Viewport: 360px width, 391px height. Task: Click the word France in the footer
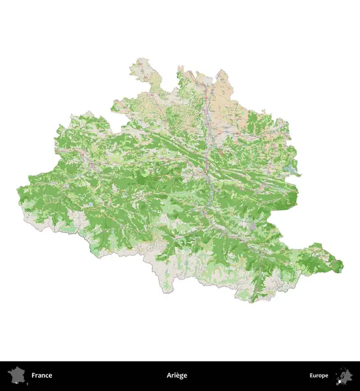click(42, 375)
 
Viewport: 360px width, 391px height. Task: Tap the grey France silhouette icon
click(16, 376)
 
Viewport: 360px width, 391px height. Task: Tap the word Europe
click(318, 375)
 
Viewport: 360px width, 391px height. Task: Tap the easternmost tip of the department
click(342, 265)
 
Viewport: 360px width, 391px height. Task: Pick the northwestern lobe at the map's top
click(140, 68)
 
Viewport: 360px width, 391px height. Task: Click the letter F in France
click(33, 375)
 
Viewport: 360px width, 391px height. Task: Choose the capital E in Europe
click(311, 375)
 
